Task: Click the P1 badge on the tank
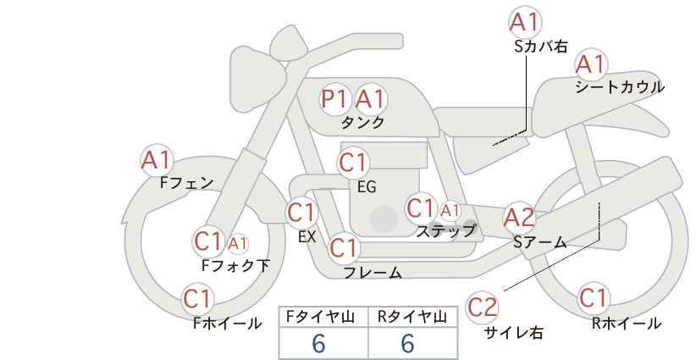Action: (x=334, y=98)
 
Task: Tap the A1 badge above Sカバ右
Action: (x=525, y=22)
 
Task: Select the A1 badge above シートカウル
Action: (x=591, y=64)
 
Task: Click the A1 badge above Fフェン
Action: (x=157, y=160)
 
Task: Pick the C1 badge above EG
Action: (x=353, y=163)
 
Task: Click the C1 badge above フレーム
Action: (x=344, y=247)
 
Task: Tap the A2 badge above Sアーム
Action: (x=520, y=218)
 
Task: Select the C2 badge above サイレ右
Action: (x=482, y=307)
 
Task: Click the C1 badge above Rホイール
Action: (x=594, y=298)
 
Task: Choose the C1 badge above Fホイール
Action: (x=198, y=299)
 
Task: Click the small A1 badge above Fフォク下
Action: (x=238, y=243)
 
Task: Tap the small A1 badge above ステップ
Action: (x=450, y=210)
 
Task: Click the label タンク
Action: (x=362, y=123)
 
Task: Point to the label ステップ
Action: (x=445, y=231)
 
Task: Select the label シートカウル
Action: (x=620, y=87)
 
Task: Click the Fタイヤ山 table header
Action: (x=320, y=317)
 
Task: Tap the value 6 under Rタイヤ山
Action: (x=407, y=343)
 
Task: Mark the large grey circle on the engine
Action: (x=384, y=219)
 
